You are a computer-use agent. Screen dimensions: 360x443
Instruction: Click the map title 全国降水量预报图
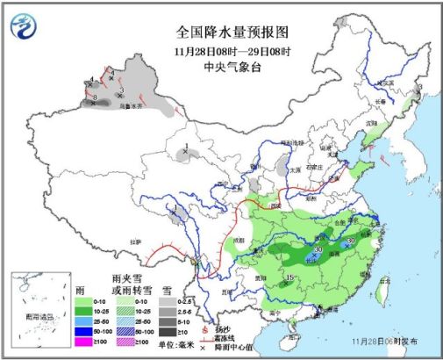(221, 34)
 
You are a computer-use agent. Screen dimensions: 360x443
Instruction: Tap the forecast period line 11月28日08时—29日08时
(221, 50)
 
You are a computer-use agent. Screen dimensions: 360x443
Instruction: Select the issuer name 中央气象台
(221, 65)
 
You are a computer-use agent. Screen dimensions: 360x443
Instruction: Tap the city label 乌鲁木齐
(131, 104)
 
